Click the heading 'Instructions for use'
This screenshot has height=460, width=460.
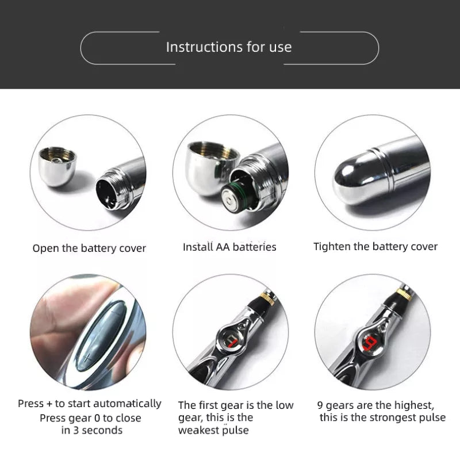click(229, 47)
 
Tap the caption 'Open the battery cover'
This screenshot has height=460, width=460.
click(89, 248)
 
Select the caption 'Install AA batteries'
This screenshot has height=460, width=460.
click(229, 247)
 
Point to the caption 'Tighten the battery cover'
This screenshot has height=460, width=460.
click(375, 247)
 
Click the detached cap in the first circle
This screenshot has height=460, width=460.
click(57, 166)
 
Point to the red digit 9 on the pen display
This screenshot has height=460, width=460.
click(371, 343)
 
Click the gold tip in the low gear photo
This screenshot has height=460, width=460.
click(268, 297)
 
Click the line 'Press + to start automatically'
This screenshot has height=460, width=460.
click(90, 404)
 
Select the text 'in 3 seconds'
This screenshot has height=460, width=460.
click(92, 430)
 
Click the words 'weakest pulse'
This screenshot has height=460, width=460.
click(213, 430)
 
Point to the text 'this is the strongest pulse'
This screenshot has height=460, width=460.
click(382, 417)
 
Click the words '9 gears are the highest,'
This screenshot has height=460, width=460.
click(375, 405)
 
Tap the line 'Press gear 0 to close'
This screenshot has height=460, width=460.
click(90, 418)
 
